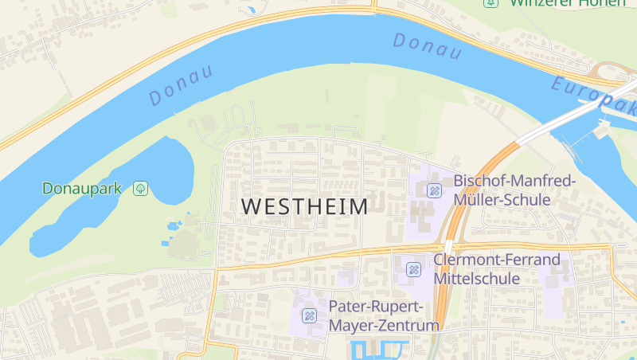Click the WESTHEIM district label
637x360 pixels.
(304, 206)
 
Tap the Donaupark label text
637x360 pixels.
(83, 189)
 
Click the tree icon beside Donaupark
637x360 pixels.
(140, 189)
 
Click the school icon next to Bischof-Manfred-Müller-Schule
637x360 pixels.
(434, 190)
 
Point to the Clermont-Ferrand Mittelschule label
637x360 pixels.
(496, 269)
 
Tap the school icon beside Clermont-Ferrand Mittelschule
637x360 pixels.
(413, 269)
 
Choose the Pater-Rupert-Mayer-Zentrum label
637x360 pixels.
(384, 316)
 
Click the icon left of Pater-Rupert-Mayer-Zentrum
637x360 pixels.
(310, 316)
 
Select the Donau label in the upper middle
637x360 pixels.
(427, 46)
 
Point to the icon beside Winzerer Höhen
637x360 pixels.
(490, 2)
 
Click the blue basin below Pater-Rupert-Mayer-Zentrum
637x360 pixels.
(378, 350)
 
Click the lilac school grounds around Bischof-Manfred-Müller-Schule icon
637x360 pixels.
(422, 211)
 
